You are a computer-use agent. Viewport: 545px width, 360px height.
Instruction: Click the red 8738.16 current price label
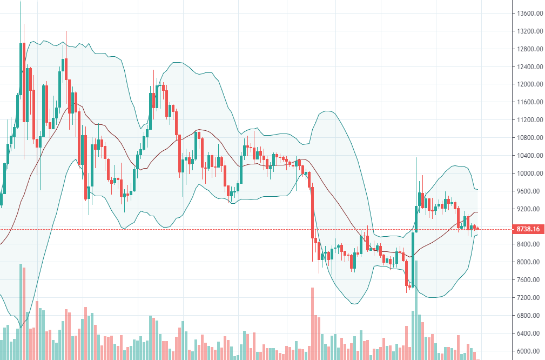click(x=527, y=229)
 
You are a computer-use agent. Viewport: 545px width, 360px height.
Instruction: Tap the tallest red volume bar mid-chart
click(x=312, y=324)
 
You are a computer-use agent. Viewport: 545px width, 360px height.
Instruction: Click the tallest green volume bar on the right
click(x=415, y=335)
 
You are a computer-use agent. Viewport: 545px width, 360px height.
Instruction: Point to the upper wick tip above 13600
click(x=21, y=2)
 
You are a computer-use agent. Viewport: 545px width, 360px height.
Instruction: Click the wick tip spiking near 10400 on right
click(x=416, y=158)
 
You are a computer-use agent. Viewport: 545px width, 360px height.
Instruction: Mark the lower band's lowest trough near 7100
click(x=354, y=304)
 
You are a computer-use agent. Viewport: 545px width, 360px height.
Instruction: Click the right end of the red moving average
click(x=477, y=212)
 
